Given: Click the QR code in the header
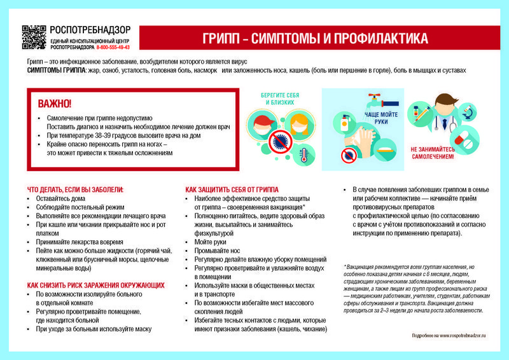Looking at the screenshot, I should coord(34,38).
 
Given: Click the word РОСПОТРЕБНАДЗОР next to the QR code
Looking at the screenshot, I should coord(90,29).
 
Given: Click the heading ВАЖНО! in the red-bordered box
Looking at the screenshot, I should coord(55,104).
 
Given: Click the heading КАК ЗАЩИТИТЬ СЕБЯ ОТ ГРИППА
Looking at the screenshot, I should coord(232,190).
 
